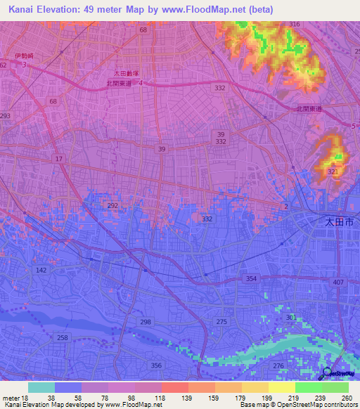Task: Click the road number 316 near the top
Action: click(x=294, y=25)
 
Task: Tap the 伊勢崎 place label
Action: click(x=23, y=56)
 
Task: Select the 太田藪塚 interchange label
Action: click(x=127, y=72)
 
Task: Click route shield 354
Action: click(x=250, y=279)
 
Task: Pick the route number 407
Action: click(x=337, y=283)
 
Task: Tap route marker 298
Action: click(x=146, y=322)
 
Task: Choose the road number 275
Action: click(x=222, y=321)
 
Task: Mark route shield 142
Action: click(x=41, y=270)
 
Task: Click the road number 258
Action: click(x=63, y=338)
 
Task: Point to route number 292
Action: click(x=113, y=205)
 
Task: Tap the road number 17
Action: click(x=58, y=160)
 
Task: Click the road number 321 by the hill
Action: click(x=333, y=171)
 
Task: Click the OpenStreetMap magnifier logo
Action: click(x=328, y=373)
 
